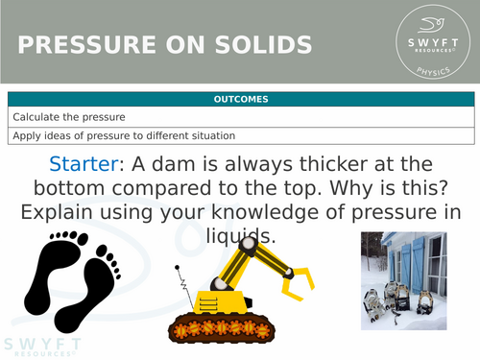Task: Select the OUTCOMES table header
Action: click(x=240, y=99)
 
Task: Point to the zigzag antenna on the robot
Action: click(x=183, y=283)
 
